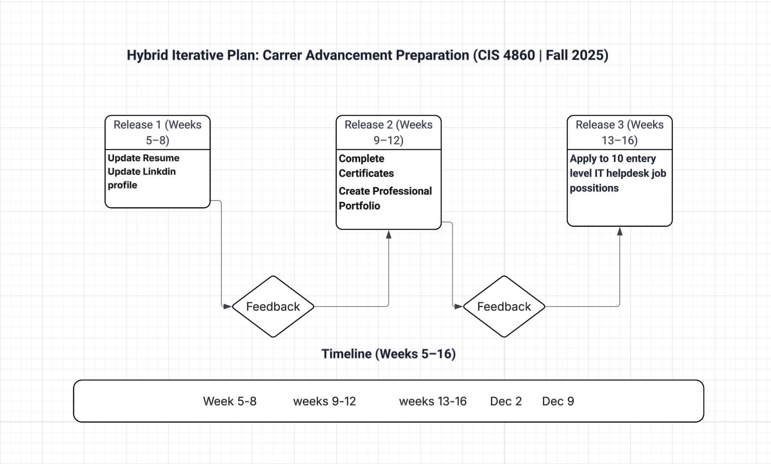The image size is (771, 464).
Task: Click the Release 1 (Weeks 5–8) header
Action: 157,132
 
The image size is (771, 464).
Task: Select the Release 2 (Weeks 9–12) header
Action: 388,132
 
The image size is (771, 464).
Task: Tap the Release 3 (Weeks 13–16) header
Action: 619,132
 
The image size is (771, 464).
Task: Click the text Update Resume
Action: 143,158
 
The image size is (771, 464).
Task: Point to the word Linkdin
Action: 159,172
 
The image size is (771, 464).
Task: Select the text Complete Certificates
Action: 366,166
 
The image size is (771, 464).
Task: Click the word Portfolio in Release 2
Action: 359,206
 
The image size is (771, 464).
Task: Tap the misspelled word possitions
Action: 594,188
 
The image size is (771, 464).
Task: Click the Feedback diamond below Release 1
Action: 273,306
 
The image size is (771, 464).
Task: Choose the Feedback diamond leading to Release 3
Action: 504,306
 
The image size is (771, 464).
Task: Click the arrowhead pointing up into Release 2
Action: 388,235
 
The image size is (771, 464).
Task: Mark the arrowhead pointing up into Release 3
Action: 620,232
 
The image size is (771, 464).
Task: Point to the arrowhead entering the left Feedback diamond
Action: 227,306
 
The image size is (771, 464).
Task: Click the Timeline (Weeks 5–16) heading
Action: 388,354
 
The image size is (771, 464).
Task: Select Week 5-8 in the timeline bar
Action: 230,401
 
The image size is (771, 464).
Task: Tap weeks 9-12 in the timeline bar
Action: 324,401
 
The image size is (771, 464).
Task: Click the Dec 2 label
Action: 506,401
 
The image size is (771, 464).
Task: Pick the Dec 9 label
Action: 558,401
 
